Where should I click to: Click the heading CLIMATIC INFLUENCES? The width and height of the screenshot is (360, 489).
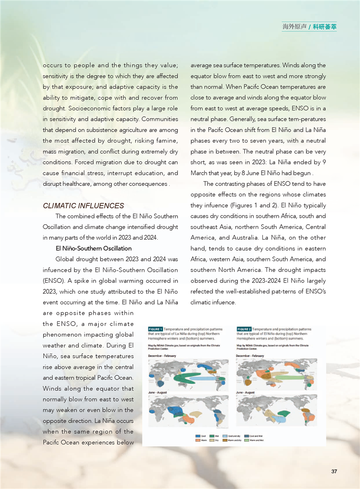pos(83,206)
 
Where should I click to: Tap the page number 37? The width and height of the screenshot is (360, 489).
pos(334,471)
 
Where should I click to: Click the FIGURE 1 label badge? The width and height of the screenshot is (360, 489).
pos(155,329)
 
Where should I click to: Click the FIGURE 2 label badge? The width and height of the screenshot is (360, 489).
pos(243,329)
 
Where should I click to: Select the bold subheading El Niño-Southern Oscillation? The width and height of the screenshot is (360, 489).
pos(94,248)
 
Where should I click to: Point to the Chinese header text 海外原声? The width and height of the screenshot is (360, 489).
pos(294,27)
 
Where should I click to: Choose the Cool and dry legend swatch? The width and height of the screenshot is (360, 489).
pos(224,436)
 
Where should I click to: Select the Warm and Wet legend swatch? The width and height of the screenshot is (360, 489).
pos(247,440)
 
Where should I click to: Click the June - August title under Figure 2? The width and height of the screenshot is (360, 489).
pos(246,392)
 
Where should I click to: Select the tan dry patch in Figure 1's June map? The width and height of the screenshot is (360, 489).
pos(196,414)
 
